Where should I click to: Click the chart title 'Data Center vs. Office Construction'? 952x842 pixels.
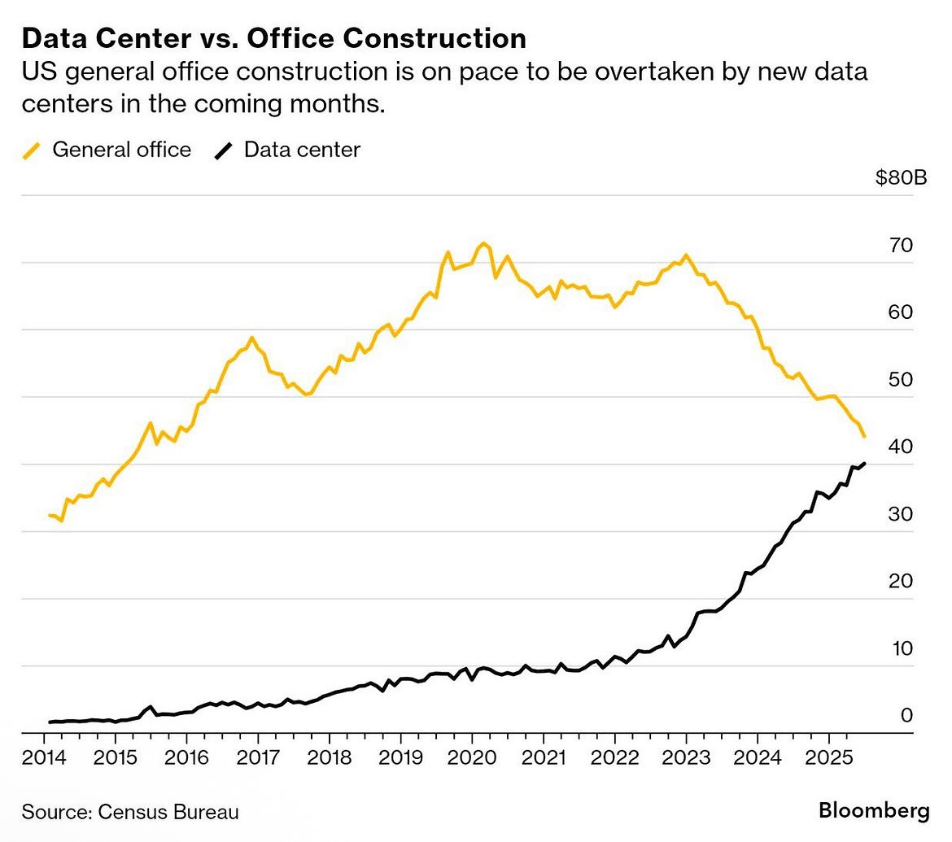pyautogui.click(x=273, y=38)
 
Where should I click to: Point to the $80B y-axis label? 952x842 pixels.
pyautogui.click(x=902, y=178)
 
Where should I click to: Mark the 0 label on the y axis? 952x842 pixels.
pyautogui.click(x=906, y=716)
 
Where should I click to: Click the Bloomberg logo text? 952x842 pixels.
pyautogui.click(x=874, y=810)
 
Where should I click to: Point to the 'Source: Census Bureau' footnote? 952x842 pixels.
pyautogui.click(x=130, y=811)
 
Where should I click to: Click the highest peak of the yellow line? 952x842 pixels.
pyautogui.click(x=483, y=242)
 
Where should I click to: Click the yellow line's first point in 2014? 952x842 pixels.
pyautogui.click(x=50, y=515)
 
